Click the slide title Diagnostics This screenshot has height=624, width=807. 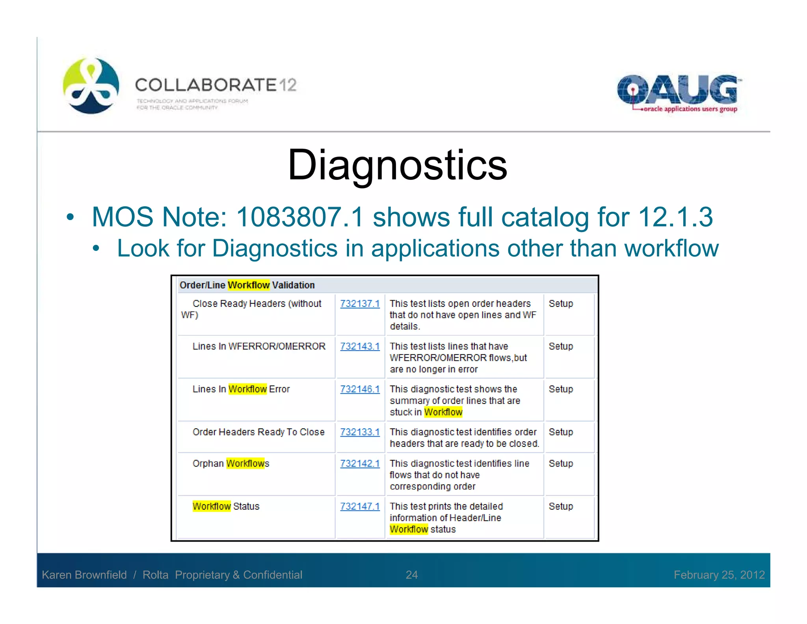pos(397,165)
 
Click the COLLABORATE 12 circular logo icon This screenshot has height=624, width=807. pos(91,86)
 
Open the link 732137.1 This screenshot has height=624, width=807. pos(360,304)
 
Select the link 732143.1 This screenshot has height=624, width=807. pos(360,346)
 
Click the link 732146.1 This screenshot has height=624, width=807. pos(360,389)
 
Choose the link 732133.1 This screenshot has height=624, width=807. pos(360,432)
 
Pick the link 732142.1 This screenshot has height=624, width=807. pos(360,463)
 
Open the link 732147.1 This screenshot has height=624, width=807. pos(360,506)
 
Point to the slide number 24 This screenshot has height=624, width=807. pos(411,575)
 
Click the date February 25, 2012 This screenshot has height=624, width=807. pos(719,575)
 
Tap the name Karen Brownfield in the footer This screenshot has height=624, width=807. pos(84,575)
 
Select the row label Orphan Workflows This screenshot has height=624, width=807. pos(231,463)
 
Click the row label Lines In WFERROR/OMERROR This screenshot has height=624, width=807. pos(258,346)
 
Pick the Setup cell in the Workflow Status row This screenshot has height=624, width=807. pos(560,506)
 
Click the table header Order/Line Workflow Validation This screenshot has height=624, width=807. pos(247,285)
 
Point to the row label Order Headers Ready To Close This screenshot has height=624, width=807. pos(258,432)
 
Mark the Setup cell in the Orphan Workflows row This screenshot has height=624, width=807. pos(560,463)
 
